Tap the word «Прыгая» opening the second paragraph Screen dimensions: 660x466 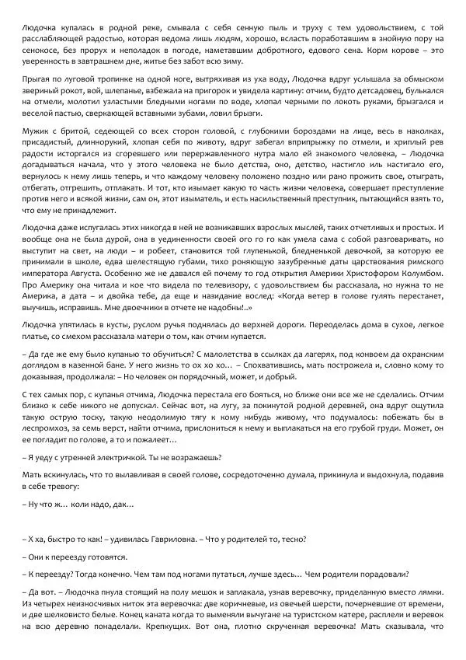[x=37, y=80]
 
